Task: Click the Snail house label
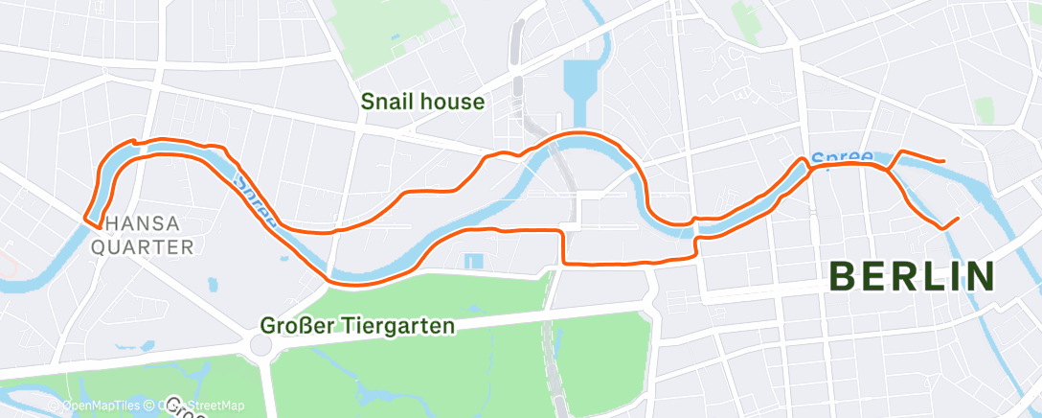click(x=422, y=102)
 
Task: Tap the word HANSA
click(x=142, y=224)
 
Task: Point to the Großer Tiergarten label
click(x=357, y=326)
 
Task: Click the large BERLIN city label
click(x=912, y=277)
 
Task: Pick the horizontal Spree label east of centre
click(x=840, y=157)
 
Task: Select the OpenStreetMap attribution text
click(x=206, y=406)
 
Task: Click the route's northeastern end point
click(x=945, y=160)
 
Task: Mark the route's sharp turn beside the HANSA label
click(x=88, y=220)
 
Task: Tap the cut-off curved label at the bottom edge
click(x=182, y=410)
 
